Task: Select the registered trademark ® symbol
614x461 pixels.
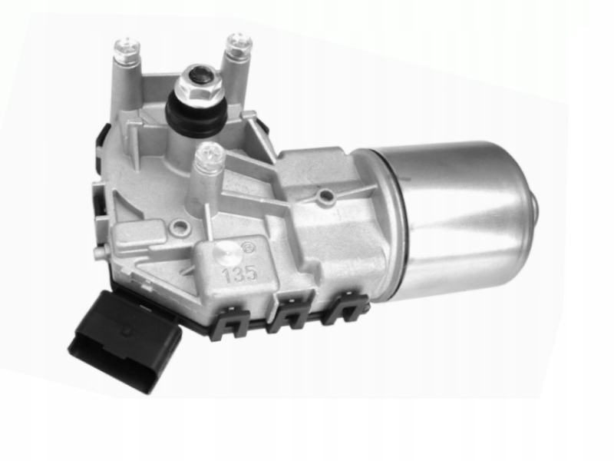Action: (249, 249)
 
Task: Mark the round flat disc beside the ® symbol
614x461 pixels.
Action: (226, 255)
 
